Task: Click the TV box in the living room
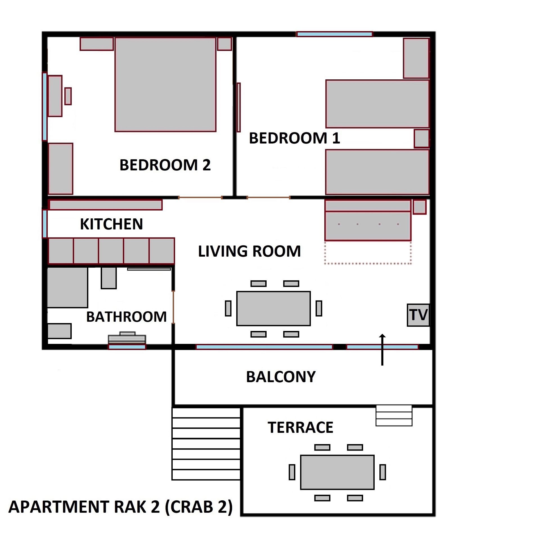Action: pos(418,315)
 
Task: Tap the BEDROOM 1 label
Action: pos(294,138)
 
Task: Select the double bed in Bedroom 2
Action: pos(165,84)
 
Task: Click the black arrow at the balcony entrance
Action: pos(382,350)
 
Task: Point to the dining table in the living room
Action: pos(273,308)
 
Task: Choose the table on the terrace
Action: pos(337,472)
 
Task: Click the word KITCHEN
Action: pos(111,224)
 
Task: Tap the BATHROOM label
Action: pos(126,317)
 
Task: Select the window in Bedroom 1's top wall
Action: pos(334,34)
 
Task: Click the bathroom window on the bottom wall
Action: pos(127,347)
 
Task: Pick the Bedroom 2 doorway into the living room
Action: pos(200,198)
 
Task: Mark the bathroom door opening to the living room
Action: pos(173,307)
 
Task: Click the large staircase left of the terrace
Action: pos(206,444)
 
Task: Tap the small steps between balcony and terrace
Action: pos(394,415)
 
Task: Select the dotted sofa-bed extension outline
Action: pos(368,253)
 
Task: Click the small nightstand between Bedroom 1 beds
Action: pos(421,138)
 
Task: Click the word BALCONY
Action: pos(281,377)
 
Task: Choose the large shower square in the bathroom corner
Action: pos(67,287)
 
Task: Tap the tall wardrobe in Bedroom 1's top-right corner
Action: pos(416,58)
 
